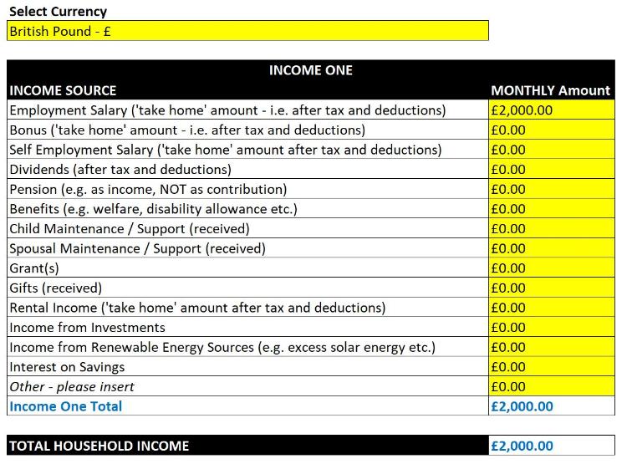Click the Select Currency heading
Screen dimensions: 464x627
(58, 12)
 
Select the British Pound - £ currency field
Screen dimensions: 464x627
(247, 31)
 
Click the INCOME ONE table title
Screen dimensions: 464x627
(310, 70)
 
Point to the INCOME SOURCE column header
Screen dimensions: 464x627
(63, 90)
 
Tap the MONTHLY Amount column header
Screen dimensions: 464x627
(550, 90)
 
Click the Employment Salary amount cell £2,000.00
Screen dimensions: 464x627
(550, 110)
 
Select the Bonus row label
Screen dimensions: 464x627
(187, 130)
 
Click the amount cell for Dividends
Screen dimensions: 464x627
(550, 170)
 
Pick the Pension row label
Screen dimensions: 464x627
(148, 190)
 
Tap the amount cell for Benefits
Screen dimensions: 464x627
(550, 209)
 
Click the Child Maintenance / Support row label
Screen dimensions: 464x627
(130, 229)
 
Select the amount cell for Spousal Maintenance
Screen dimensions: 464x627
(550, 248)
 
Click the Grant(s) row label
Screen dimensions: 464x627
(34, 268)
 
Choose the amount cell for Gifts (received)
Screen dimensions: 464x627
(550, 288)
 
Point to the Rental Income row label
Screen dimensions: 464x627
(197, 308)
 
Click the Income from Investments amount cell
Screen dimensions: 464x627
(550, 328)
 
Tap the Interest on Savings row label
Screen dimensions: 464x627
(67, 367)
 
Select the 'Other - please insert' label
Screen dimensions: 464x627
(72, 387)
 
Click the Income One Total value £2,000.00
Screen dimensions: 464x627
(550, 406)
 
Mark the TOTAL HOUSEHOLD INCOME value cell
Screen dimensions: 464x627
(550, 446)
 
